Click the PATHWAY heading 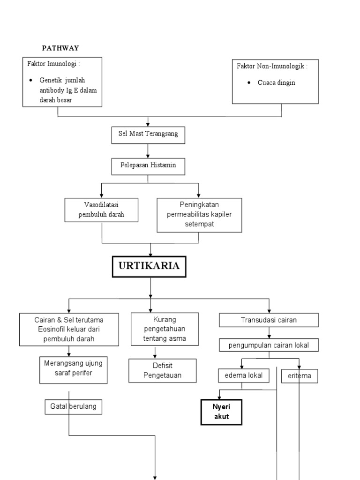[x=61, y=48]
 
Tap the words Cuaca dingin [x=277, y=82]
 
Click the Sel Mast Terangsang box [x=148, y=135]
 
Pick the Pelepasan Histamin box [x=148, y=166]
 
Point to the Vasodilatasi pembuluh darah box [x=102, y=210]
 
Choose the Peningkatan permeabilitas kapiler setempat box [x=199, y=215]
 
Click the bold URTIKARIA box [x=149, y=266]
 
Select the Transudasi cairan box [x=269, y=320]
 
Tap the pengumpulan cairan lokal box [x=269, y=345]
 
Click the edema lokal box [x=240, y=375]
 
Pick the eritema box [x=299, y=376]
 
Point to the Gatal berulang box [x=74, y=407]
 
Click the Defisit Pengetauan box [x=156, y=371]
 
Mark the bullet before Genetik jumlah [x=30, y=81]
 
